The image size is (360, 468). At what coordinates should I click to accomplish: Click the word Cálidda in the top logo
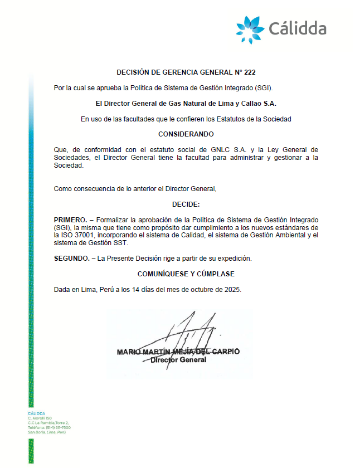(297, 28)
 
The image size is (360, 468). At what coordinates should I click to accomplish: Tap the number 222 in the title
(250, 72)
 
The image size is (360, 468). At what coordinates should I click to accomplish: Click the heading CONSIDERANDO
(186, 134)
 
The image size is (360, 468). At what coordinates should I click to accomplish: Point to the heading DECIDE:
(186, 204)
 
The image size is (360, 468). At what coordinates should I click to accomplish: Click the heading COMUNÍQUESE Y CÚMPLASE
(186, 274)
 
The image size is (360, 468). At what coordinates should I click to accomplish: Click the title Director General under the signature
(178, 360)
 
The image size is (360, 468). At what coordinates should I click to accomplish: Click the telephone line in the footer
(49, 427)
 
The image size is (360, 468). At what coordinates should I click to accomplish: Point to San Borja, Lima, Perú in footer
(47, 432)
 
